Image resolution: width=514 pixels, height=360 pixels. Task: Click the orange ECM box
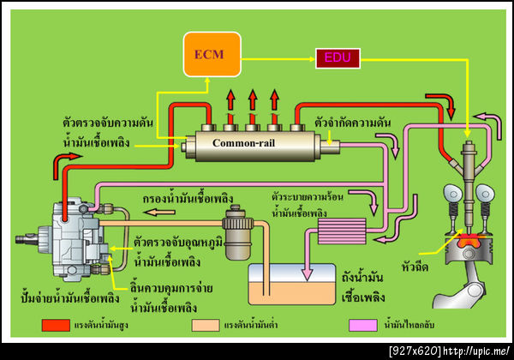[x=209, y=54]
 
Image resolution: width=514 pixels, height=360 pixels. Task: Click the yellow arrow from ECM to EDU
[x=273, y=58]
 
